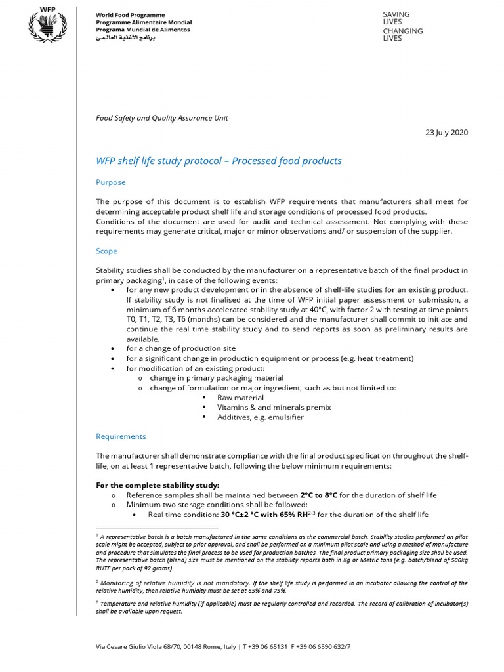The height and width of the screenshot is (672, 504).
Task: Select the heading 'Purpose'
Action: coord(110,182)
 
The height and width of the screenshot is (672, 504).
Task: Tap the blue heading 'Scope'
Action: coord(106,251)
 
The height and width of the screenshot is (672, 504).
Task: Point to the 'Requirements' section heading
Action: coord(121,436)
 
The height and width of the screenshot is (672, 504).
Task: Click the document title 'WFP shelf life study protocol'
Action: coord(219,161)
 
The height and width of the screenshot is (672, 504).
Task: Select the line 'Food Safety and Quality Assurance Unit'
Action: coord(162,118)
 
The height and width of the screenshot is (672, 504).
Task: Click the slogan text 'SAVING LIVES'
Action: coord(396,18)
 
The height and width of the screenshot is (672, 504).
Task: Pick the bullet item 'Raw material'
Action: coord(240,398)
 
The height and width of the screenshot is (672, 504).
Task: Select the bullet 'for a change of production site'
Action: coord(180,348)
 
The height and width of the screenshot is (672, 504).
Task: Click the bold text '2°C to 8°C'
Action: coord(318,495)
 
